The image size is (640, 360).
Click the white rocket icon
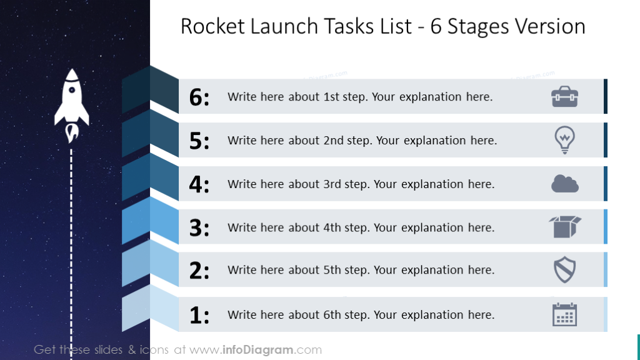pyautogui.click(x=71, y=100)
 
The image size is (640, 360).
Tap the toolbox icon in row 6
pyautogui.click(x=564, y=97)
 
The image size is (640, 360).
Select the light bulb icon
pyautogui.click(x=564, y=140)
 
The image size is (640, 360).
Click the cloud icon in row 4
pyautogui.click(x=564, y=184)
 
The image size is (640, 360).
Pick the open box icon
pyautogui.click(x=564, y=227)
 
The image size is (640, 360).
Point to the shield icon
pyautogui.click(x=564, y=270)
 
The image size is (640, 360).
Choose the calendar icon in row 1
pyautogui.click(x=564, y=314)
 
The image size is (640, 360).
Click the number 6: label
pyautogui.click(x=199, y=97)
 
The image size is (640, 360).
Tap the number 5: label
pyautogui.click(x=199, y=141)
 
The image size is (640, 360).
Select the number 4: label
pyautogui.click(x=199, y=185)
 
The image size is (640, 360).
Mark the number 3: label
pyautogui.click(x=199, y=228)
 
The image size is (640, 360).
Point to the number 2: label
pyautogui.click(x=199, y=271)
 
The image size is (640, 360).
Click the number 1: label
pyautogui.click(x=199, y=315)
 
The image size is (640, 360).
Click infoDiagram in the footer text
pyautogui.click(x=259, y=350)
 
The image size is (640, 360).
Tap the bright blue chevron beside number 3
pyautogui.click(x=150, y=220)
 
